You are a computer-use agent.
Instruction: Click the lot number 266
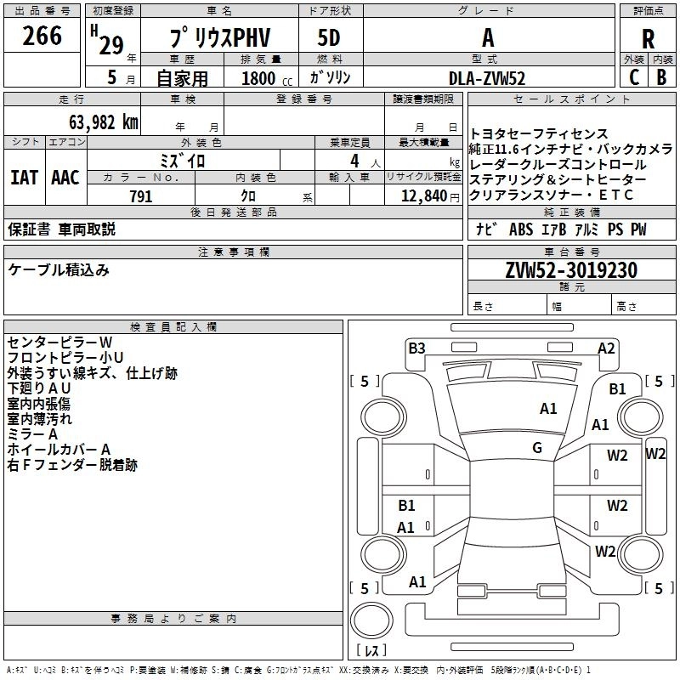(x=42, y=36)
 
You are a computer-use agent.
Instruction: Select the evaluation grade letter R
(x=648, y=39)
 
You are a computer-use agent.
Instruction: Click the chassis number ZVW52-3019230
(x=570, y=270)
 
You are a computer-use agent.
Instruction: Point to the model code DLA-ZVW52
(x=487, y=78)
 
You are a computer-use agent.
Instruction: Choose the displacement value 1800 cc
(x=260, y=78)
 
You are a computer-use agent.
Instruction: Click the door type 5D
(x=329, y=38)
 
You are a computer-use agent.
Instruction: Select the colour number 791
(x=140, y=196)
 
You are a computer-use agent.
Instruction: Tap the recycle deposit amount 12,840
(x=425, y=196)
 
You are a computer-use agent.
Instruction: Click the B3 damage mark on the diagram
(x=416, y=348)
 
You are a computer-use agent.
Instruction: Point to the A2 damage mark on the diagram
(x=606, y=348)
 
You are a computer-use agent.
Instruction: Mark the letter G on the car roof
(x=537, y=448)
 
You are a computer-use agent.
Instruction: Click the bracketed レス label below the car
(x=371, y=652)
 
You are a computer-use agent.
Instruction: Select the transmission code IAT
(x=25, y=177)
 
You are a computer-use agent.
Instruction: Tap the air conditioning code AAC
(x=65, y=177)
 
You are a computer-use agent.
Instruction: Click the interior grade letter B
(x=662, y=77)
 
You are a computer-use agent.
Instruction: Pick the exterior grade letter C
(x=633, y=77)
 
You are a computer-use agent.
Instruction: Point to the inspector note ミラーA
(x=33, y=433)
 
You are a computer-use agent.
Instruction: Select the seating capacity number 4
(x=352, y=160)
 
